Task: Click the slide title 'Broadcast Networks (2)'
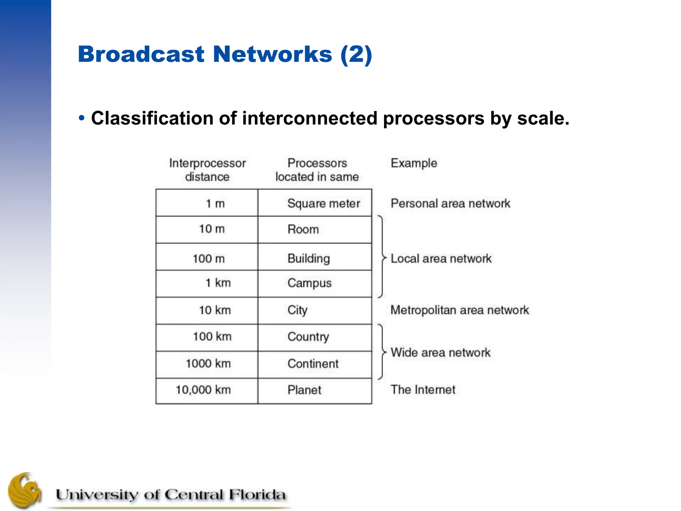point(225,54)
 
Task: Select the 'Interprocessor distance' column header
point(207,170)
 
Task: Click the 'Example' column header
point(414,163)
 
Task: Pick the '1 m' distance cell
point(215,203)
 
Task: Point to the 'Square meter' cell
point(324,203)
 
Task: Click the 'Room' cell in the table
point(303,229)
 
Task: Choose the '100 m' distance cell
point(209,258)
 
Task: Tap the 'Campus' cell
point(309,283)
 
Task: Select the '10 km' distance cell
point(215,310)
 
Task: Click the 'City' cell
point(297,310)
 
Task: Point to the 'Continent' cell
point(313,364)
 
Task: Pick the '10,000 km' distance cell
point(203,390)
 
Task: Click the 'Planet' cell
point(304,390)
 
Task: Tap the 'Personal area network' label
point(450,203)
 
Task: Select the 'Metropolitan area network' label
point(460,310)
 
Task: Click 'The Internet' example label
point(423,390)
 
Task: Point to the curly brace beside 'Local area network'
point(382,257)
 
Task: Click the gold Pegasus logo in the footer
point(25,491)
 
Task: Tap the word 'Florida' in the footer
point(257,494)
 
